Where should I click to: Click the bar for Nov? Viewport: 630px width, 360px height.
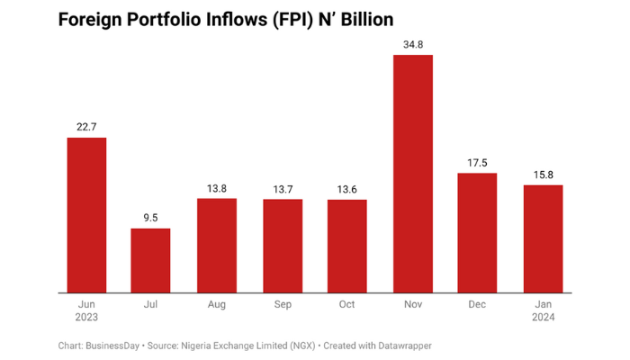(x=413, y=174)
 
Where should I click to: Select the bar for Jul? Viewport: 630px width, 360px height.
(x=150, y=260)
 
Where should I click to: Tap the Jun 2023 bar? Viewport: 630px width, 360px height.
(x=86, y=215)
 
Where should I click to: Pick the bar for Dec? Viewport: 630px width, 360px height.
(x=478, y=233)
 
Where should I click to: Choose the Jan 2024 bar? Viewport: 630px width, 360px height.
(x=543, y=238)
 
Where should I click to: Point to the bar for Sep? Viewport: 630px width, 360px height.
(x=283, y=246)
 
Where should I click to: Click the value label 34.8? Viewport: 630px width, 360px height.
(x=413, y=44)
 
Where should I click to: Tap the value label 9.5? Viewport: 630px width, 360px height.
(x=150, y=218)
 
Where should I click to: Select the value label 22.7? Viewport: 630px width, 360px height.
(x=86, y=127)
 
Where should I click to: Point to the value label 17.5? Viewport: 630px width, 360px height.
(x=478, y=162)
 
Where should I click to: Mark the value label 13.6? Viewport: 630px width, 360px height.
(x=346, y=188)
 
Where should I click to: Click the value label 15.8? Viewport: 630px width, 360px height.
(x=543, y=174)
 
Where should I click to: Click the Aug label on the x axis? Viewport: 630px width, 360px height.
(x=217, y=305)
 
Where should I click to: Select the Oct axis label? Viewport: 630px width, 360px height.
(x=346, y=305)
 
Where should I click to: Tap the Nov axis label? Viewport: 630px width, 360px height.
(x=413, y=305)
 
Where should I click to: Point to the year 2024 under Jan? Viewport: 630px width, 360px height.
(x=543, y=318)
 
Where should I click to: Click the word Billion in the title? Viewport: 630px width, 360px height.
(x=358, y=19)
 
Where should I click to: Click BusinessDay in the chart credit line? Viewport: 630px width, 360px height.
(x=114, y=345)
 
